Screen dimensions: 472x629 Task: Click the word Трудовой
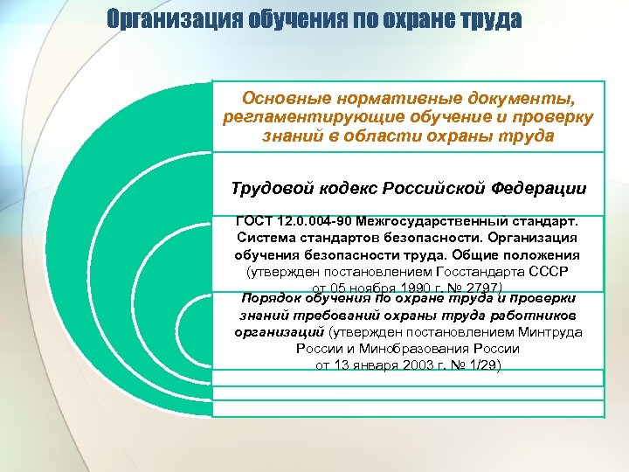click(x=270, y=188)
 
